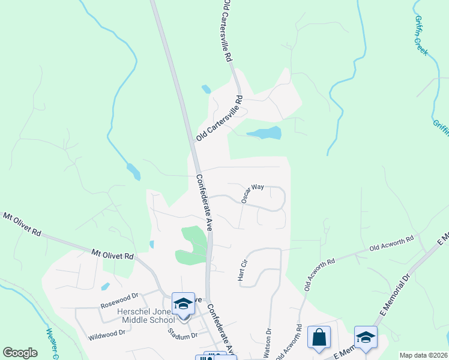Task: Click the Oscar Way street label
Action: [253, 194]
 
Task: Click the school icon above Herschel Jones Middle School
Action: [183, 304]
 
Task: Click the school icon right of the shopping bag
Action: [366, 337]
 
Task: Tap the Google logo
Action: [20, 352]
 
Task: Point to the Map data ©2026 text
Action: [423, 355]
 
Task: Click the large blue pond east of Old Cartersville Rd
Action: [264, 133]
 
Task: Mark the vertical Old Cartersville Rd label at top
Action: [228, 31]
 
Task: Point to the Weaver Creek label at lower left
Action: [50, 343]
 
